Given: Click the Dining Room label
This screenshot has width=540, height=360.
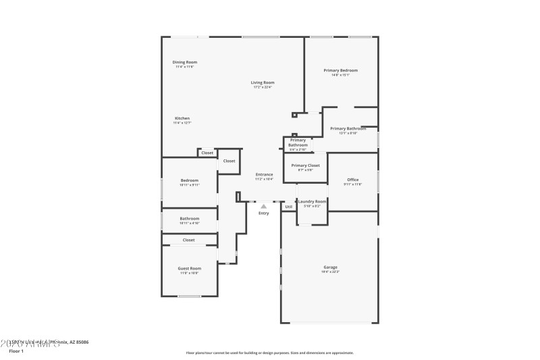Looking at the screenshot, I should tap(185, 62).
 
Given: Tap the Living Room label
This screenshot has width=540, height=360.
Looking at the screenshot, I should tap(263, 82).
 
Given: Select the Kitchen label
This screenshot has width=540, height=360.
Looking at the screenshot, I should tap(182, 118).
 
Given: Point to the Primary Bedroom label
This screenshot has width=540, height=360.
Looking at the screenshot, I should tap(340, 70).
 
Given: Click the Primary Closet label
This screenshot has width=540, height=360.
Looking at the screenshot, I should tap(305, 165).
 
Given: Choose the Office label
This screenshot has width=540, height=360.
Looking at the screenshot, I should tap(352, 180).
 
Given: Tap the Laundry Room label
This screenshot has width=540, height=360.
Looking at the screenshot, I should tap(312, 201).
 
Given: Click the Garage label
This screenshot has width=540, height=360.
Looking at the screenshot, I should tap(329, 267).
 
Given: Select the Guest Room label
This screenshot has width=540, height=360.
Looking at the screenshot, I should tap(189, 268).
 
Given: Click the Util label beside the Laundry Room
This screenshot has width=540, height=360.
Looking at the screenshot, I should tap(288, 207).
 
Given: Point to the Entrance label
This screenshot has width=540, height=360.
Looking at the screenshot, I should tap(264, 174).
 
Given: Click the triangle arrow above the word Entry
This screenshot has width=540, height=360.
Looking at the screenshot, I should tap(263, 207).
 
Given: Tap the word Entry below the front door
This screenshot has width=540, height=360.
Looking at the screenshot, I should tap(263, 213).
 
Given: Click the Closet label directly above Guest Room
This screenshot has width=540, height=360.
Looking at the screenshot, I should tap(189, 240).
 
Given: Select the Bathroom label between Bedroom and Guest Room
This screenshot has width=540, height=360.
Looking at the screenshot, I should tap(189, 218).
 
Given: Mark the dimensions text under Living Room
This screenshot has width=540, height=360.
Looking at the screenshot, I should tap(263, 87).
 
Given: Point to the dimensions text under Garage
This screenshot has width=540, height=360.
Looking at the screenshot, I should tap(329, 272).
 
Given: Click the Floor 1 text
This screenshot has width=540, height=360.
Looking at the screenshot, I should tap(16, 351).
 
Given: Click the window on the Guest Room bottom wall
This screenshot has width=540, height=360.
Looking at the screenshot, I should tap(189, 297).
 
